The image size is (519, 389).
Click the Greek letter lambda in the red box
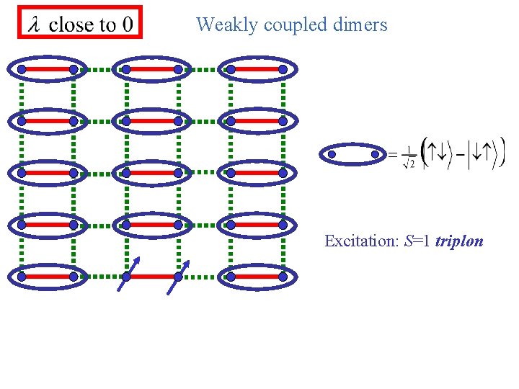click(x=33, y=25)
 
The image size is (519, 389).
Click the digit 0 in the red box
click(x=127, y=25)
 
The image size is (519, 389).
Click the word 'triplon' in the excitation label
click(x=459, y=241)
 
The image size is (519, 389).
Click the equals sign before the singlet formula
click(x=393, y=154)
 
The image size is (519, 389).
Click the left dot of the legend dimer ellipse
click(x=332, y=153)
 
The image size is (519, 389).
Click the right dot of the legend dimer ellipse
click(x=375, y=153)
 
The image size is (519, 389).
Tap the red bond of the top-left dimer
click(x=48, y=69)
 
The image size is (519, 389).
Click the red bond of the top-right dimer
click(x=257, y=69)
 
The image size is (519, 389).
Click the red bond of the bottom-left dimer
click(x=48, y=277)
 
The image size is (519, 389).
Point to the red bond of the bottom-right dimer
click(x=257, y=277)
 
